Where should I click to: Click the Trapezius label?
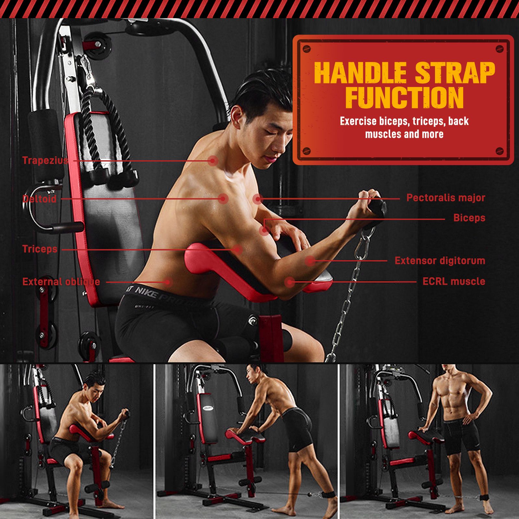tap(45, 160)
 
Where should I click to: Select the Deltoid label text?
tap(39, 199)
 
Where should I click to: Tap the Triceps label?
tap(40, 249)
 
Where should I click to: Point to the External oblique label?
tap(61, 282)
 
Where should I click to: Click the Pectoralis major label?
tap(446, 198)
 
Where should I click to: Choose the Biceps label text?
tap(469, 218)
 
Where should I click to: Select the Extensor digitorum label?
tap(440, 260)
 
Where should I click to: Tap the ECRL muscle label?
tap(454, 281)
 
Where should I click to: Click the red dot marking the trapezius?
tap(213, 160)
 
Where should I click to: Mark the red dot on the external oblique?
tap(167, 282)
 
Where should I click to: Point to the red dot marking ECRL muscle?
tap(290, 282)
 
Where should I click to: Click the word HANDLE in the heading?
tap(360, 73)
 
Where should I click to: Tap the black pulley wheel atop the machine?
tap(97, 45)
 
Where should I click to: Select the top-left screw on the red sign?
tap(307, 49)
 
